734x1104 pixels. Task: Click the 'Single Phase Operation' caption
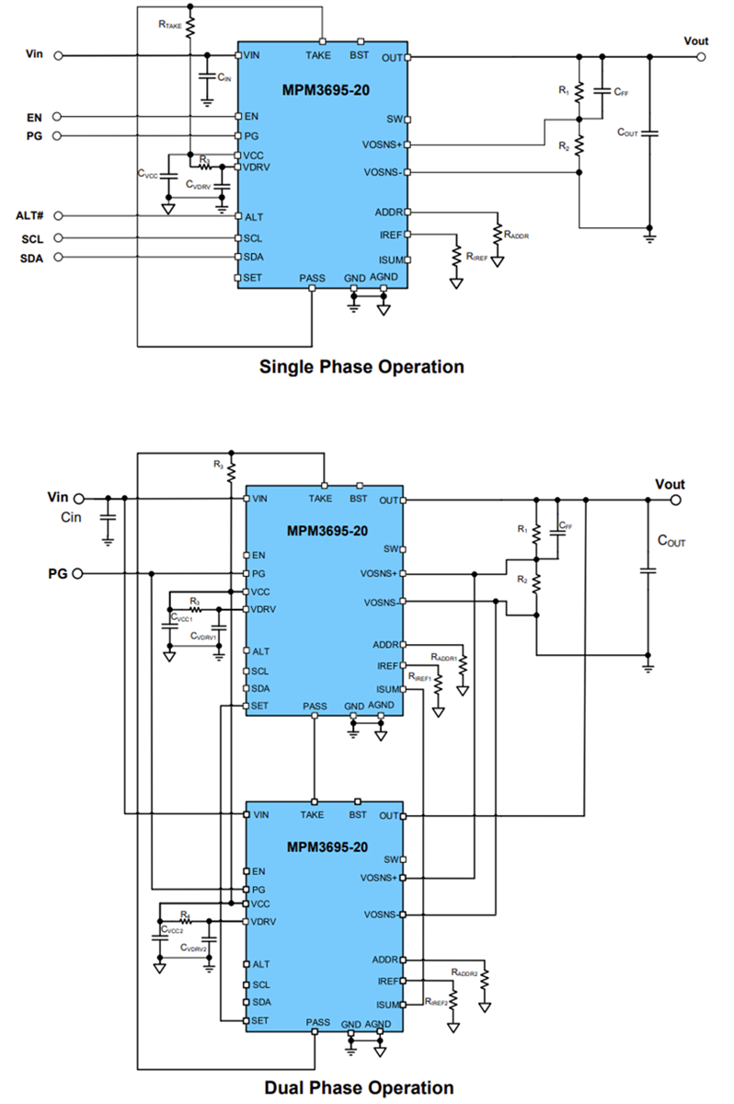pyautogui.click(x=361, y=367)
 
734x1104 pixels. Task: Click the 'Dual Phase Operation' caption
pyautogui.click(x=359, y=1088)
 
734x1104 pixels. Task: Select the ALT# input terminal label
pyautogui.click(x=30, y=215)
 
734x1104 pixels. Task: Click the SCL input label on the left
pyautogui.click(x=32, y=237)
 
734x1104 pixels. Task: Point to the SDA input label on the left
pyautogui.click(x=32, y=258)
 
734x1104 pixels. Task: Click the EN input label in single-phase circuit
pyautogui.click(x=34, y=117)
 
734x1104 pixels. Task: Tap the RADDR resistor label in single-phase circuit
pyautogui.click(x=516, y=236)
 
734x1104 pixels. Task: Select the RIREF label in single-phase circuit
pyautogui.click(x=476, y=258)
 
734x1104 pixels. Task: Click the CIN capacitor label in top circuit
pyautogui.click(x=224, y=79)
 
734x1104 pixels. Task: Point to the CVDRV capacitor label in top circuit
pyautogui.click(x=198, y=185)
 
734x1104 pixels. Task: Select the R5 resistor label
pyautogui.click(x=218, y=466)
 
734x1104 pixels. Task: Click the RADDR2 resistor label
pyautogui.click(x=465, y=972)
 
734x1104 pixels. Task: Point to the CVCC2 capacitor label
pyautogui.click(x=171, y=931)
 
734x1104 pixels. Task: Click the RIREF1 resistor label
pyautogui.click(x=420, y=678)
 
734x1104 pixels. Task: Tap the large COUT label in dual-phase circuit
pyautogui.click(x=671, y=542)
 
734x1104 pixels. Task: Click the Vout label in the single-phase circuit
pyautogui.click(x=696, y=40)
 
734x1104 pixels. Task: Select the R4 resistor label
pyautogui.click(x=185, y=914)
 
